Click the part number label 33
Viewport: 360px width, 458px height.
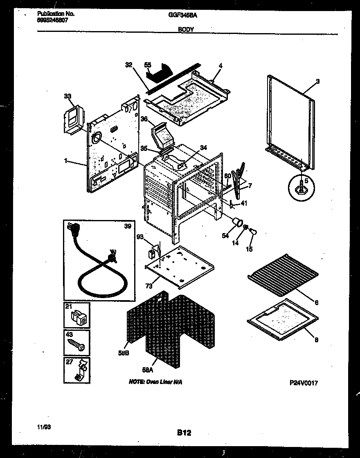(x=67, y=97)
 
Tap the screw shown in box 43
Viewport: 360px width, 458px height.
(x=76, y=344)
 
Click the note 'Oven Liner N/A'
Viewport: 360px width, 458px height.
(x=155, y=382)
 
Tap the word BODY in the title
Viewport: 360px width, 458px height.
(x=186, y=29)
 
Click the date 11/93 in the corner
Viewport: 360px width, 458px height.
(x=43, y=427)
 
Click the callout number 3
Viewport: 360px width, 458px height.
(x=318, y=81)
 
